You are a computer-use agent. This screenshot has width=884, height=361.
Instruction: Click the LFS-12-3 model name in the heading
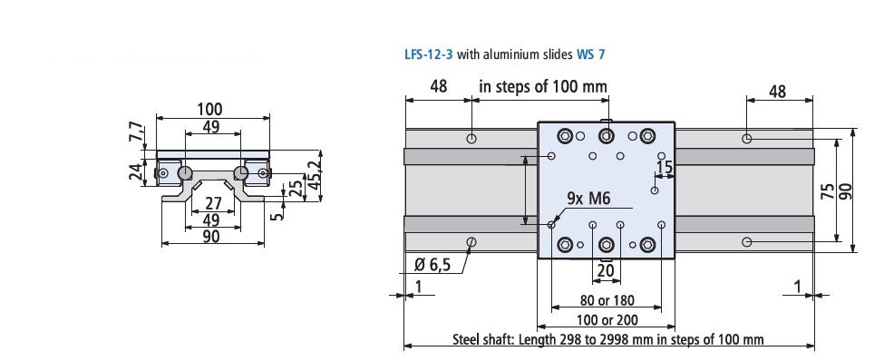(429, 54)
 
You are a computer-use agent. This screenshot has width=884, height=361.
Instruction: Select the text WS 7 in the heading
(590, 54)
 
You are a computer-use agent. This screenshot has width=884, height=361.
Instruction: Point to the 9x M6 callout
(588, 199)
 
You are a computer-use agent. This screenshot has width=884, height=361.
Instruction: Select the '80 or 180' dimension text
(607, 300)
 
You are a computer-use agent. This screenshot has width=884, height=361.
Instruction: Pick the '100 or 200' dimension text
(607, 319)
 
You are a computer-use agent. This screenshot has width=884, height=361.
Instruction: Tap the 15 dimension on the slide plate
(665, 168)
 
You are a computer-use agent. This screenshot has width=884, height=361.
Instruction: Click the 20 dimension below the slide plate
(605, 269)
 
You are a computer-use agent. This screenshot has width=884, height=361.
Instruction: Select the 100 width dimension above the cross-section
(211, 109)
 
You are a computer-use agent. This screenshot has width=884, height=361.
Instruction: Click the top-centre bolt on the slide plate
(606, 137)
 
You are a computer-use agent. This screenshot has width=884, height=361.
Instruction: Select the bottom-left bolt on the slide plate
(566, 244)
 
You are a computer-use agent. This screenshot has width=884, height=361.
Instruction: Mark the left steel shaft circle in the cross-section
(184, 172)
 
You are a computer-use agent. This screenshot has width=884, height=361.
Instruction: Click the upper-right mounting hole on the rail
(745, 139)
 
